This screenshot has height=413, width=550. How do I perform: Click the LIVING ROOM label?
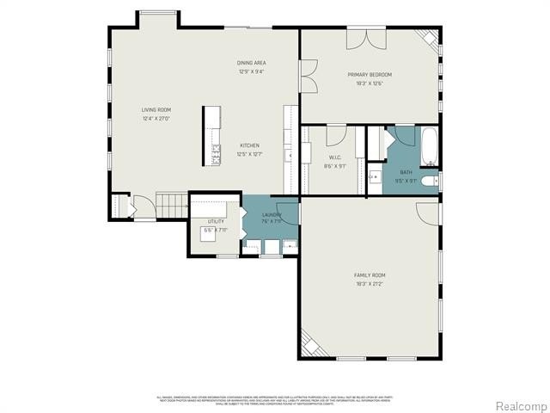click(x=156, y=109)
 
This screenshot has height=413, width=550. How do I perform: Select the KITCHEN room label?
click(x=249, y=145)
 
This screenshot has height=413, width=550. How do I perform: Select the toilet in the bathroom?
click(x=433, y=182)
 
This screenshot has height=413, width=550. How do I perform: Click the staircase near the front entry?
click(x=173, y=206)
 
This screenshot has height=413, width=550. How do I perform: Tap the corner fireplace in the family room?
click(x=313, y=345)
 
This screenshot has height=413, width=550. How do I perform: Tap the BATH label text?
click(x=406, y=173)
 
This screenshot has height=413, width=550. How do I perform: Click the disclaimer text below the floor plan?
click(x=275, y=399)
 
